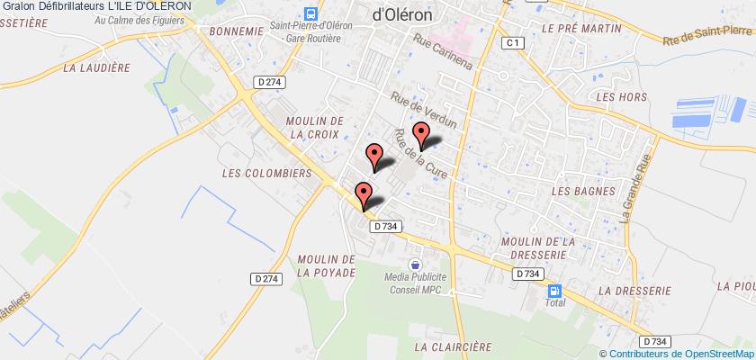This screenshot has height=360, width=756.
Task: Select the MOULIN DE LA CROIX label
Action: tap(313, 126)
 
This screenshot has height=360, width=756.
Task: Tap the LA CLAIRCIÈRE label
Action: tap(454, 345)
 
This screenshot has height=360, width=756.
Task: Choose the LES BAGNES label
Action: tap(582, 191)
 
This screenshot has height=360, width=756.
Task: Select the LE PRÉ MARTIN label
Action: tap(583, 29)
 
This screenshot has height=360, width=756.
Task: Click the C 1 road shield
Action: tap(513, 42)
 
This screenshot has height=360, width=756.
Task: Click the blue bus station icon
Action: tap(311, 14)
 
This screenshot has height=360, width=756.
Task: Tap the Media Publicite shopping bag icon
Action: tap(414, 265)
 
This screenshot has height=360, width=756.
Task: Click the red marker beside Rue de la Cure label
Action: tap(419, 135)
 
